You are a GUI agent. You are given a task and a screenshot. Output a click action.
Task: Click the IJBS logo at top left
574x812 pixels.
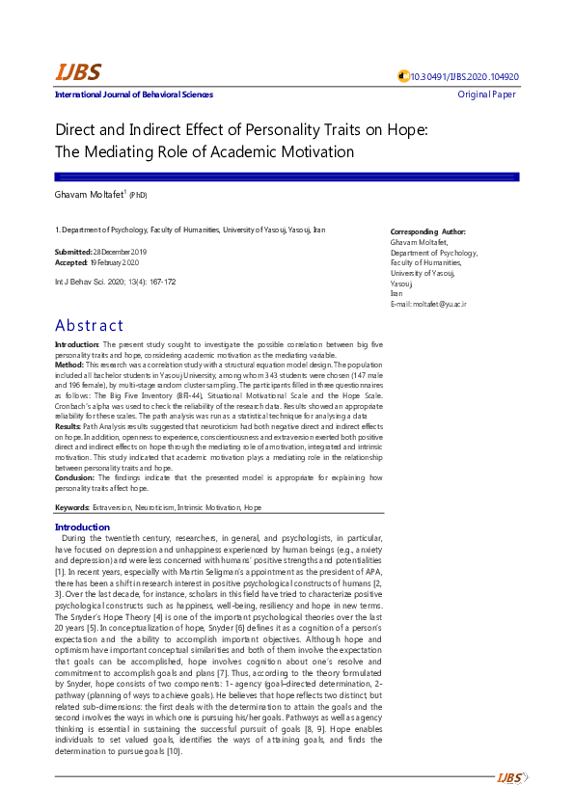coord(77,72)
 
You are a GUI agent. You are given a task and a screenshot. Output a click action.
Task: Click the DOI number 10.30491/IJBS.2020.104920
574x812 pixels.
coord(465,77)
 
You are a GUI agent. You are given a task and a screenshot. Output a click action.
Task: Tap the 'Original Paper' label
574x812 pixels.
coord(488,95)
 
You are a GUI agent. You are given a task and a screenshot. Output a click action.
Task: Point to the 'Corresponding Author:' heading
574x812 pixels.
coord(427,232)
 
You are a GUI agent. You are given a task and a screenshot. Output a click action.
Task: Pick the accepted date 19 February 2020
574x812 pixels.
coord(116,262)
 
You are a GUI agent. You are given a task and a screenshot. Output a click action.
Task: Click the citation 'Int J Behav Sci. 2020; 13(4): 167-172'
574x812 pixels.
coord(116,282)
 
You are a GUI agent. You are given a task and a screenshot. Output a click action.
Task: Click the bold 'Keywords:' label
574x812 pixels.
coord(72,507)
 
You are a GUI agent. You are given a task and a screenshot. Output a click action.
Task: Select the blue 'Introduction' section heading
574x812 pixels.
coord(83,528)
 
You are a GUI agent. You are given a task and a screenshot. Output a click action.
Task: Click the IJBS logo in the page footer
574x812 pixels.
coord(508,778)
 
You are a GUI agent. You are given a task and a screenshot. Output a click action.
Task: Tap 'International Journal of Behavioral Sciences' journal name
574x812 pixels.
coord(134,95)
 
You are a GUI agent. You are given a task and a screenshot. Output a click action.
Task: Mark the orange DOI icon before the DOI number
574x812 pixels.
coord(404,77)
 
